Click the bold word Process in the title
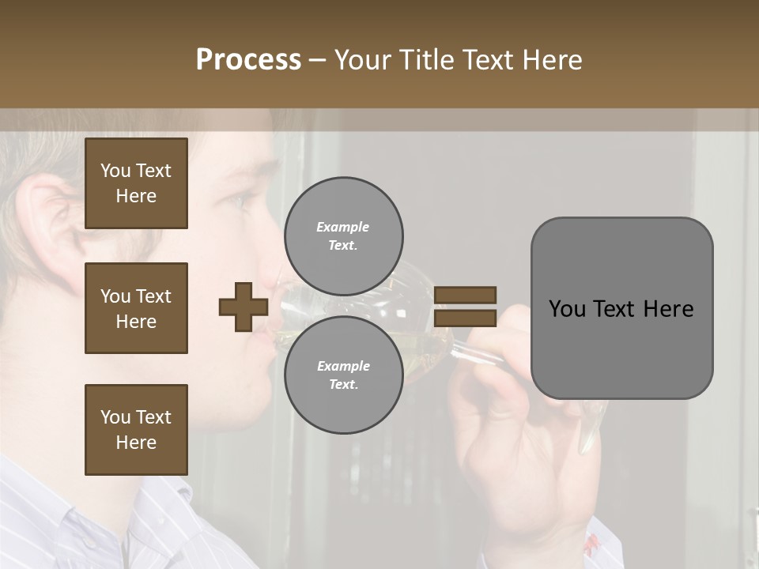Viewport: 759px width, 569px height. (x=248, y=59)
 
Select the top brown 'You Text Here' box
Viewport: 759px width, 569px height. (x=136, y=183)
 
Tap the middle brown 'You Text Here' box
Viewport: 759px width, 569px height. (x=136, y=308)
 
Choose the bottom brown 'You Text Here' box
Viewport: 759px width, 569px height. (x=136, y=430)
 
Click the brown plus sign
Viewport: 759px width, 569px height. (x=243, y=307)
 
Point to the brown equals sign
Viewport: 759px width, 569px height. (x=466, y=307)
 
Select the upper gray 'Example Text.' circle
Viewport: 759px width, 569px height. (x=343, y=236)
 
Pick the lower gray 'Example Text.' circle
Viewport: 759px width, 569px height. (x=343, y=375)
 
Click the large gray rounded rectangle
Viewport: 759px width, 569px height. (x=621, y=308)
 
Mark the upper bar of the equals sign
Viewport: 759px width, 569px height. (x=466, y=295)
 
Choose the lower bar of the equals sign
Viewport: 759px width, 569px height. (x=466, y=318)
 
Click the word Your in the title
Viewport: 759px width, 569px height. (x=363, y=59)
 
